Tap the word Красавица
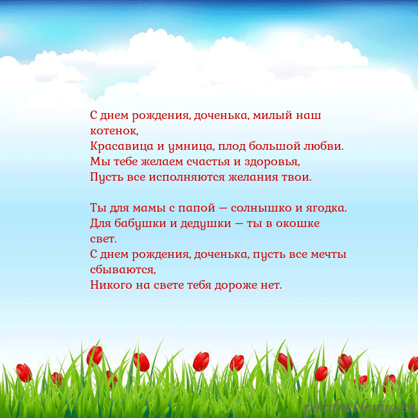tap(118, 146)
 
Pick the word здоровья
tap(274, 161)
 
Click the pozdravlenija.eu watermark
tap(359, 407)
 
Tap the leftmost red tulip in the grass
tap(24, 372)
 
